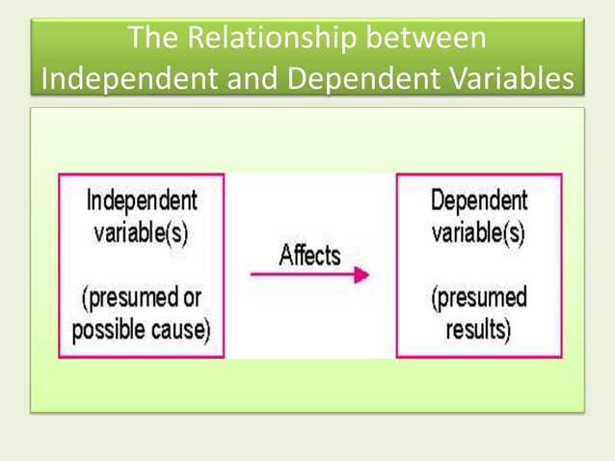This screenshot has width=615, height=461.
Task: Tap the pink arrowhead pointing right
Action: [361, 275]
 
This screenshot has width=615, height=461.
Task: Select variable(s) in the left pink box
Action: [142, 234]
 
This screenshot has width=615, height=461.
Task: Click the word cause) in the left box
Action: [180, 330]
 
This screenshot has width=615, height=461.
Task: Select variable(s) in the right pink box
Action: [479, 234]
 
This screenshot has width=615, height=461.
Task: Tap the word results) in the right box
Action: [479, 330]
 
